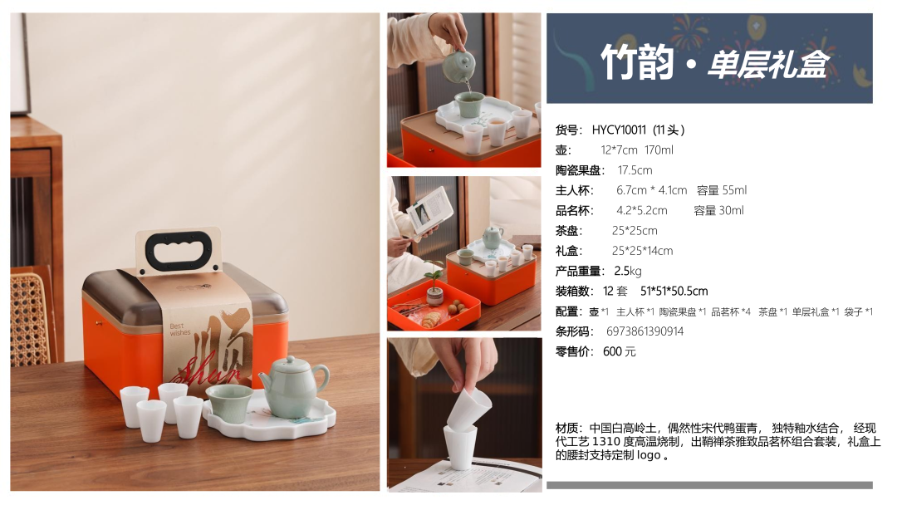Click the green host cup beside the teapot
[x=229, y=403]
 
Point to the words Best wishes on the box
[x=179, y=330]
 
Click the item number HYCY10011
[x=619, y=130]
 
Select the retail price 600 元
[x=619, y=351]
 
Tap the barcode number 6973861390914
[x=645, y=331]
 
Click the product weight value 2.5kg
[x=628, y=271]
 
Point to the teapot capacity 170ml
[x=659, y=150]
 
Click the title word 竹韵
[x=637, y=61]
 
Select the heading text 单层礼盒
[x=768, y=64]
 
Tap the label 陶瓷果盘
[x=578, y=170]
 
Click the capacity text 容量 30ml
[x=718, y=210]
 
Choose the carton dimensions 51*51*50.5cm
[x=674, y=291]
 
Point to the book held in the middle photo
[x=429, y=210]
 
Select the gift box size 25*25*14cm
[x=642, y=251]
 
